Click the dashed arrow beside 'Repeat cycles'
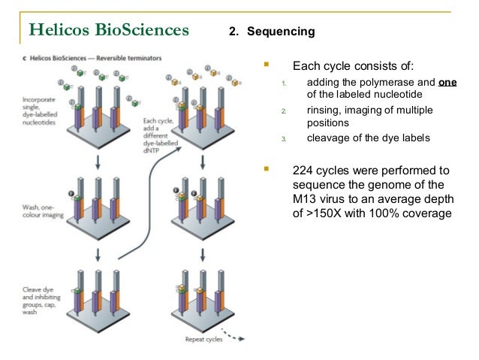tap(236, 336)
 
